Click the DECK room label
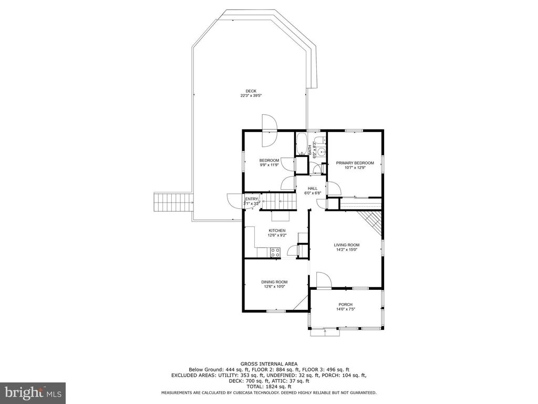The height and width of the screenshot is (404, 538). tap(251, 91)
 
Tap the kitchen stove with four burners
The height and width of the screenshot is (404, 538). tap(275, 254)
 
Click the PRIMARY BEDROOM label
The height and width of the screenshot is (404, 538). tap(355, 163)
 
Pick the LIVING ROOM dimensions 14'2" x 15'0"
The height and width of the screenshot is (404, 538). tap(346, 250)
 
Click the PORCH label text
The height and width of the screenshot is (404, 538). tap(345, 305)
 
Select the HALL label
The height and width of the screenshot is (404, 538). tap(313, 188)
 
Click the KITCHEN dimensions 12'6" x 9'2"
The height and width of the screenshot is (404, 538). tap(277, 236)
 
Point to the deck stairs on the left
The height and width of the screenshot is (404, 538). tap(172, 202)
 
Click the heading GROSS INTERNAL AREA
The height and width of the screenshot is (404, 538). tap(268, 363)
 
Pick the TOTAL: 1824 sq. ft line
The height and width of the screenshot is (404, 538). tap(268, 386)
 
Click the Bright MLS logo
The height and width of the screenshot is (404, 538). tap(33, 392)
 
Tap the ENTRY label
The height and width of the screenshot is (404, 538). tap(252, 198)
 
